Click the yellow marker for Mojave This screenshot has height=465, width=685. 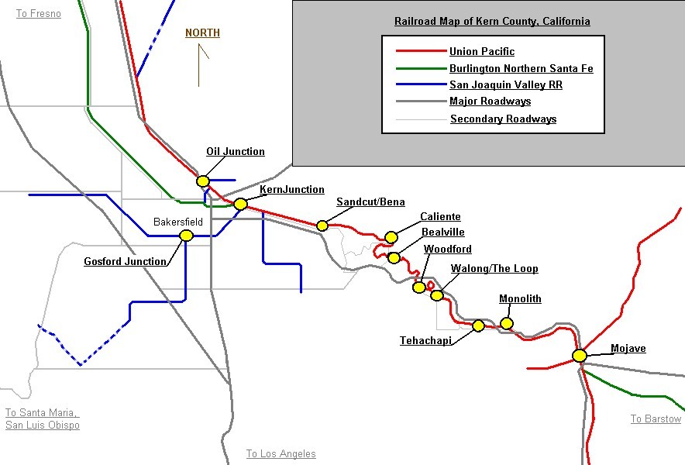579,356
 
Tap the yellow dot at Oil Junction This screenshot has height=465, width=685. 203,181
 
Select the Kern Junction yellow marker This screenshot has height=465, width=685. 240,204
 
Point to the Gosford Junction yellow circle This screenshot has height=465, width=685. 186,236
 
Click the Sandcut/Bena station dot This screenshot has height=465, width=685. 322,226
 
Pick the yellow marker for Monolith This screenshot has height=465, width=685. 507,323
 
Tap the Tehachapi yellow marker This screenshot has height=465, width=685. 478,326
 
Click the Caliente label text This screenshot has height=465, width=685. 440,217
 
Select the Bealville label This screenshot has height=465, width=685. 442,232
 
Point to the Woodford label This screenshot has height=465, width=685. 447,249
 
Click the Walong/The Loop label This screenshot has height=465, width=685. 494,269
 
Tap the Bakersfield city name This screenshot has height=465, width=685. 178,222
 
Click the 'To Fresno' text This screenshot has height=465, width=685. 39,14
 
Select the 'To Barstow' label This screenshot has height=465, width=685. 656,419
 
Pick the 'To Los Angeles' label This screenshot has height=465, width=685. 281,454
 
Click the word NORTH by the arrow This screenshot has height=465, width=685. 202,33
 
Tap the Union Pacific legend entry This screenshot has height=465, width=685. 481,52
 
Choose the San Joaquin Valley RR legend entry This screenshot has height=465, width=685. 505,85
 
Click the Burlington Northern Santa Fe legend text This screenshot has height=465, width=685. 521,69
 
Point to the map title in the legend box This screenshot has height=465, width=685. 492,22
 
